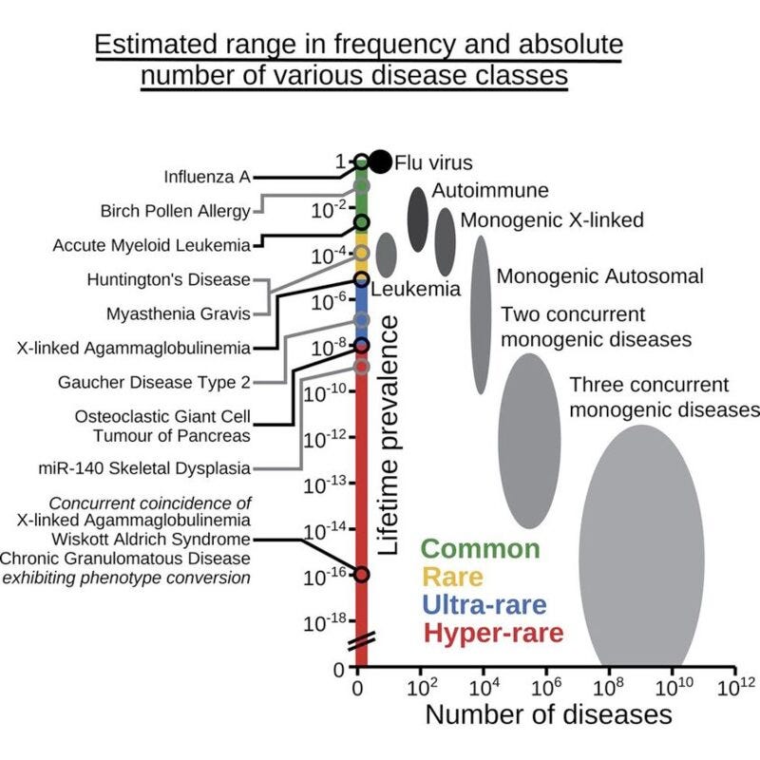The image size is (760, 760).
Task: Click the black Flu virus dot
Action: pos(380,161)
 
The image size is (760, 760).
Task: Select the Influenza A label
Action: pos(206,177)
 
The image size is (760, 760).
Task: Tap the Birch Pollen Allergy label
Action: pos(176,211)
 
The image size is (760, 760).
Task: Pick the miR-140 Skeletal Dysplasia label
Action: pos(145,467)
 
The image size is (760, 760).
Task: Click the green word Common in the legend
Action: pos(480,549)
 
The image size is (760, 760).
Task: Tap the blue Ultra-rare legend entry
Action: pos(476,605)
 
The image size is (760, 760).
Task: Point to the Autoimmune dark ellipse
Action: pos(417,219)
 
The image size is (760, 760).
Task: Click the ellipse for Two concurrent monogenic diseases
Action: pos(529,441)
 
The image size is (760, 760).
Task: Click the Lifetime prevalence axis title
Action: pos(389,435)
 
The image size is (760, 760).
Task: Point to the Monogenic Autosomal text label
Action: pos(600,277)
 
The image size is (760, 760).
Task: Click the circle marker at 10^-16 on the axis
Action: pos(361,574)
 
